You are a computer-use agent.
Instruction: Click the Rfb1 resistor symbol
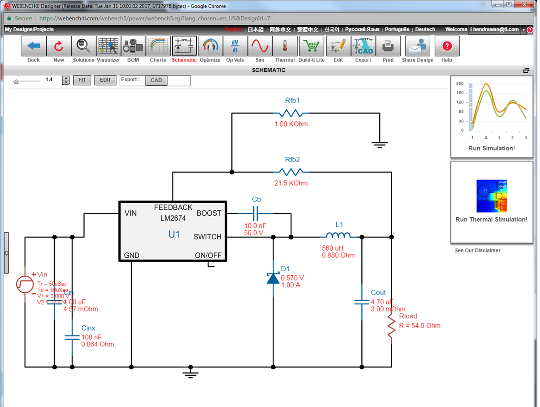pos(291,113)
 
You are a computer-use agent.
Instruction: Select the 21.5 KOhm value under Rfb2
pos(291,183)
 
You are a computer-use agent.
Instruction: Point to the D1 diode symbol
pos(273,277)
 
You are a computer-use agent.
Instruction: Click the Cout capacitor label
pos(378,292)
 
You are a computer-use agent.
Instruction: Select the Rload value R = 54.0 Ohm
pos(419,326)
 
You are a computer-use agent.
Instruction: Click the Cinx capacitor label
pos(88,328)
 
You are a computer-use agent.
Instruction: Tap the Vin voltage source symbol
pos(25,284)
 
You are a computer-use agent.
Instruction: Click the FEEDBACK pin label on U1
pos(173,207)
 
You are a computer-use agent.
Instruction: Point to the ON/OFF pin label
pos(208,256)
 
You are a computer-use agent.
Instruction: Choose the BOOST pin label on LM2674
pos(209,213)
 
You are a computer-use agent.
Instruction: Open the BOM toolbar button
pos(133,46)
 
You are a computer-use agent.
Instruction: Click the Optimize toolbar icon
pos(210,46)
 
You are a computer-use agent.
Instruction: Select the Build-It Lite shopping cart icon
pos(311,46)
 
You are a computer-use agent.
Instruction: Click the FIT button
pos(82,80)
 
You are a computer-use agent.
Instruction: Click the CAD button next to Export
pos(156,80)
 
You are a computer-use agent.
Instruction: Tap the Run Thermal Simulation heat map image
pos(491,196)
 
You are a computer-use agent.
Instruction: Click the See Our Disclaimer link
pos(478,250)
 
